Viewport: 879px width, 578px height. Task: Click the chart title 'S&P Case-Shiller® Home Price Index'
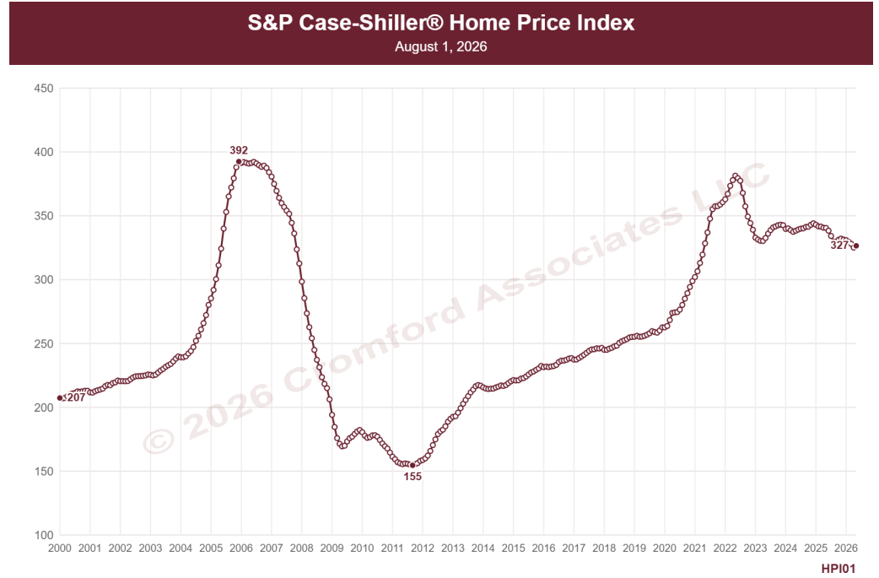coord(441,23)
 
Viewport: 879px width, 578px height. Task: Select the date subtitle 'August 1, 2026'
coord(440,46)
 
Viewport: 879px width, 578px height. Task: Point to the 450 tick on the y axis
coord(44,88)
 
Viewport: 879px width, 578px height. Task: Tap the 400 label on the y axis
coord(44,152)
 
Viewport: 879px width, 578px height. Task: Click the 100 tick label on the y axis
coord(44,535)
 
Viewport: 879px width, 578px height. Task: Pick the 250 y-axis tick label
coord(44,343)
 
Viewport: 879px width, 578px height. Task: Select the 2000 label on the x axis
coord(59,548)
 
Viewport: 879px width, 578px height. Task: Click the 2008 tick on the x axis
coord(302,548)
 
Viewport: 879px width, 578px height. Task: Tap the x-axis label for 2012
coord(422,548)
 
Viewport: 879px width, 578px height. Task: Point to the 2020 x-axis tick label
coord(664,548)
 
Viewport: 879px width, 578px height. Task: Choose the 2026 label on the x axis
coord(846,548)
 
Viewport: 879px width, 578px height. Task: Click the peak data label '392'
coord(239,150)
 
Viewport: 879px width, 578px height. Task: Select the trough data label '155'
coord(413,477)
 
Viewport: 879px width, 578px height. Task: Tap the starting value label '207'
coord(76,397)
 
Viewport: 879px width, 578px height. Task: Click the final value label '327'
coord(839,245)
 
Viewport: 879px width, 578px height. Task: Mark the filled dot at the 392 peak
coord(239,161)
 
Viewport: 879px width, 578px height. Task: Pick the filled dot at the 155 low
coord(413,465)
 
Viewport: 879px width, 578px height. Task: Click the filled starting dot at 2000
coord(60,398)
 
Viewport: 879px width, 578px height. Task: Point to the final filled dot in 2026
coord(856,246)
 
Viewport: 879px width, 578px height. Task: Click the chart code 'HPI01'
coord(839,569)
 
